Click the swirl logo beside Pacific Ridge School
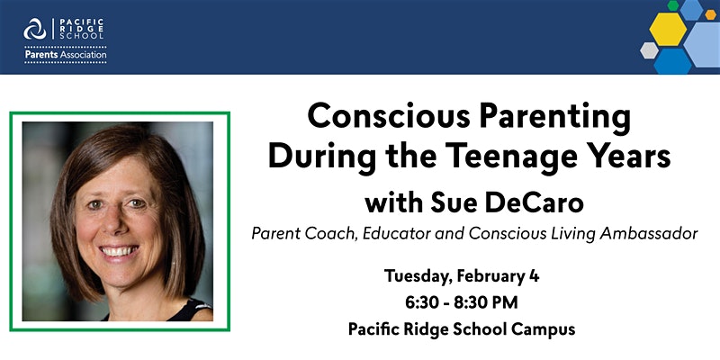coord(35,29)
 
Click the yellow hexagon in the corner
coord(668,29)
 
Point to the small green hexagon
coord(673,5)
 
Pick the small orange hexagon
coord(711,14)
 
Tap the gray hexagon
coord(649,50)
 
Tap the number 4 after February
coord(534,276)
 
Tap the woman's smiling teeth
coord(120,251)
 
